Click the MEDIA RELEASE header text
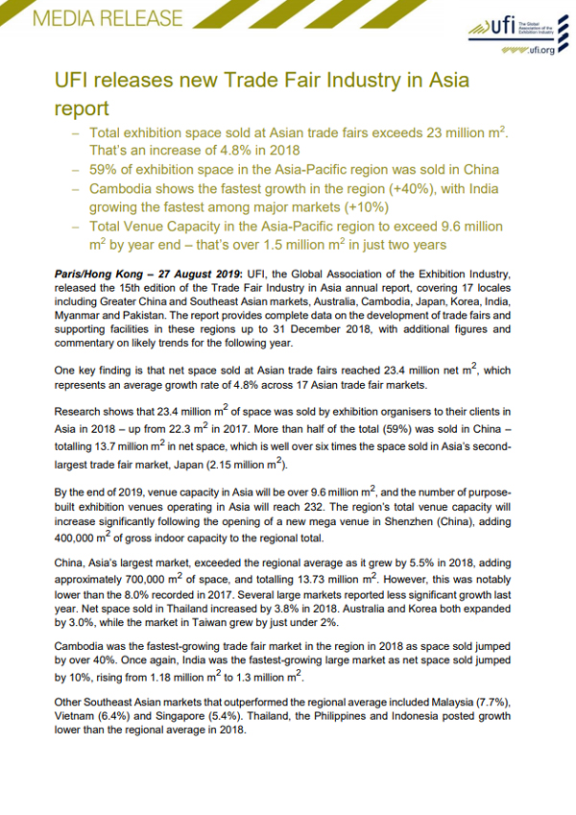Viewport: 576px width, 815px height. coord(97,18)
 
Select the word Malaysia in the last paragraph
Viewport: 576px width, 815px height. coord(440,704)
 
